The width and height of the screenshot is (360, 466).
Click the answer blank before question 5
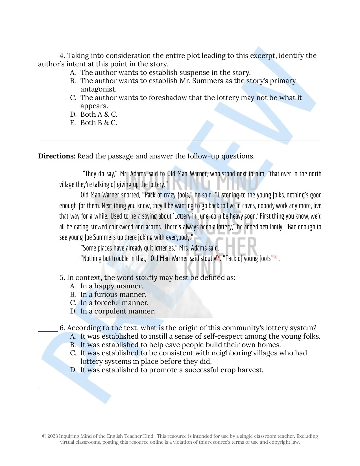coord(48,280)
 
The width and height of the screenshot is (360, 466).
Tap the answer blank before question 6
coord(48,330)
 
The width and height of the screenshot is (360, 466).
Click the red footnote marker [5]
coord(218,256)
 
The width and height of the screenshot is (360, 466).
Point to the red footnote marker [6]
coord(276,256)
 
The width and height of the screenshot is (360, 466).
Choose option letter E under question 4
coord(73,123)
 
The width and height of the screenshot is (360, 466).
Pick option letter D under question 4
coord(73,114)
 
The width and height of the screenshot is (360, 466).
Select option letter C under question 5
coord(73,303)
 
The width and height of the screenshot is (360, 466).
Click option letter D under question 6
coord(73,370)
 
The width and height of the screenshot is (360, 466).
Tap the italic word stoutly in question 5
coord(146,278)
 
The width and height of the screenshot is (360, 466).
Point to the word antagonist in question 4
coord(98,89)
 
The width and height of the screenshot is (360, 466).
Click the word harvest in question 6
coord(250,370)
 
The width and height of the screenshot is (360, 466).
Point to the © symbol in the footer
coord(44,436)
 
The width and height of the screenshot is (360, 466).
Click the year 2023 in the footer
coord(53,436)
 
